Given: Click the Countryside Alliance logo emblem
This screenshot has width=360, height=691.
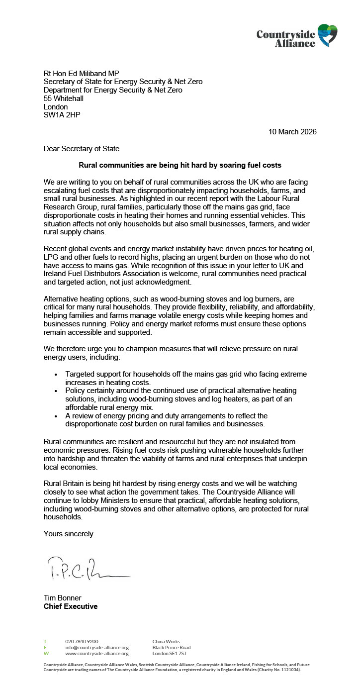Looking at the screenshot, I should [x=328, y=35].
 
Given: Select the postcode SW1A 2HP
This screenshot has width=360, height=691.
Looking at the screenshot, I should [x=62, y=115].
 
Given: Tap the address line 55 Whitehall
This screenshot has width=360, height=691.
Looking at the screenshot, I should [x=64, y=99].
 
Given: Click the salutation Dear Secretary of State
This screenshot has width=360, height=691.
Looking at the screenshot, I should [x=82, y=148].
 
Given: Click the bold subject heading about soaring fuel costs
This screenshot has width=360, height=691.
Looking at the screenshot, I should [x=180, y=165].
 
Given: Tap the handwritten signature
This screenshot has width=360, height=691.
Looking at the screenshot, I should [x=87, y=569].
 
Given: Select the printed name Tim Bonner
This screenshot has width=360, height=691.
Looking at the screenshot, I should [x=62, y=598].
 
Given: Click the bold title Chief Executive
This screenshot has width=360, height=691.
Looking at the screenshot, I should [x=71, y=606].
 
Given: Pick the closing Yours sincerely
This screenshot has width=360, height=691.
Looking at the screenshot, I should [x=68, y=534].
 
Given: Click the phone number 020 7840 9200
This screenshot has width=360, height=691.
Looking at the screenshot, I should [x=82, y=642].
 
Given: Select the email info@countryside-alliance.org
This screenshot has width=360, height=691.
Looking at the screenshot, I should [x=97, y=648].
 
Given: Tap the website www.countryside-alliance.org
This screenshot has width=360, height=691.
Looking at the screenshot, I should [x=97, y=654].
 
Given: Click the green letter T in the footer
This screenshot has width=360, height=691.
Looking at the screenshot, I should [x=45, y=642].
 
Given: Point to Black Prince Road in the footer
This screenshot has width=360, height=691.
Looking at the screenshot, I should [x=171, y=648].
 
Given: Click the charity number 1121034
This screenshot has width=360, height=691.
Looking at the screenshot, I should [x=288, y=670].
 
